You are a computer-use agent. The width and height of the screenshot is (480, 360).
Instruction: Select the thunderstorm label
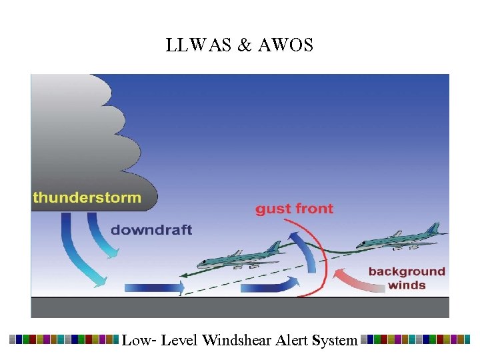tap(87, 197)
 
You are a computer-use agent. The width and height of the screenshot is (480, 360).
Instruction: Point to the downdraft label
tap(151, 230)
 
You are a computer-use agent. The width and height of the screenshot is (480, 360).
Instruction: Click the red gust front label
tap(294, 209)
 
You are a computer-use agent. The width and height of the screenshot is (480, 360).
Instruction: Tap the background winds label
tap(407, 278)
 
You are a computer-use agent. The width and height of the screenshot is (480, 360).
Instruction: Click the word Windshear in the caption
tap(237, 340)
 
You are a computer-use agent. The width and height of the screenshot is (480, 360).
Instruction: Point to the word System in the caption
tap(335, 340)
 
